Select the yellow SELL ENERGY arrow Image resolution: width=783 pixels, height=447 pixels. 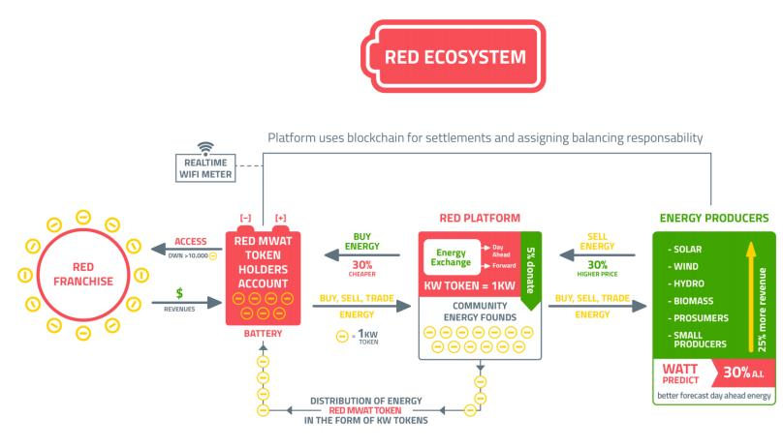pyautogui.click(x=597, y=256)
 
